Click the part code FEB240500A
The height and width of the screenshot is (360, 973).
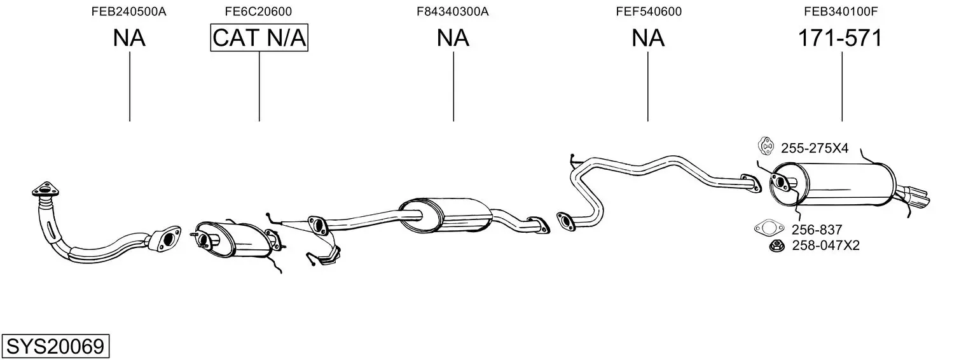[128, 11]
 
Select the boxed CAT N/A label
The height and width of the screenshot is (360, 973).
[259, 38]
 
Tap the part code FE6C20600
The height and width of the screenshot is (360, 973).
[258, 11]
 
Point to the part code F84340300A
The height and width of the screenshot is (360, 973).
[453, 11]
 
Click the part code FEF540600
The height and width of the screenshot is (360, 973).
[649, 11]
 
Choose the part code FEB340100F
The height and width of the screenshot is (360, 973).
[841, 11]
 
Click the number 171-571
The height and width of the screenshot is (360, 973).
[841, 38]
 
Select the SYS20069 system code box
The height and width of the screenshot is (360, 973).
[55, 346]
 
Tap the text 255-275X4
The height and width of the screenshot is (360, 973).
[815, 149]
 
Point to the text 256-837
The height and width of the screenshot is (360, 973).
[817, 229]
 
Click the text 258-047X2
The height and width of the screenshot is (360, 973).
[825, 246]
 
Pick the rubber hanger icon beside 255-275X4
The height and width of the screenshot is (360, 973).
[766, 146]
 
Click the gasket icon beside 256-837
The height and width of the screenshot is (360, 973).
[769, 228]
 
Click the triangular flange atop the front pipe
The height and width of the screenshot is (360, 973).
[46, 190]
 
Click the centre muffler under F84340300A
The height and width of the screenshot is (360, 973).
[445, 216]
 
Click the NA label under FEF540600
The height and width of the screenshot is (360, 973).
[647, 38]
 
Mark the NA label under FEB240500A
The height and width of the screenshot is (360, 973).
[129, 38]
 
